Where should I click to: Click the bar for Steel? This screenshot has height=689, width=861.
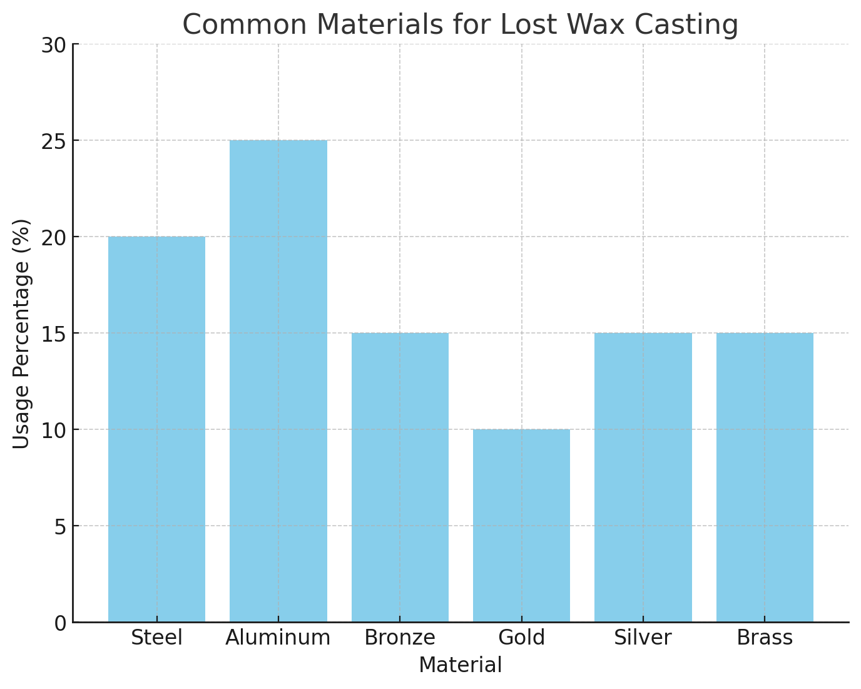point(156,429)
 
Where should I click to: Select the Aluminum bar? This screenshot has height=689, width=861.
point(278,381)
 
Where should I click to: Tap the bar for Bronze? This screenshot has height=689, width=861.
point(400,477)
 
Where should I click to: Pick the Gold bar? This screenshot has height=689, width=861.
point(521,526)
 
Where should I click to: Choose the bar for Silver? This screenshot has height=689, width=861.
point(643,477)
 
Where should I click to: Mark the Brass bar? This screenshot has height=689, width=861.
point(765,477)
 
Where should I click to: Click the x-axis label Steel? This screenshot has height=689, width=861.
point(156,638)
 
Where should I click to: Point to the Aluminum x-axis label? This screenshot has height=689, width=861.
point(278,638)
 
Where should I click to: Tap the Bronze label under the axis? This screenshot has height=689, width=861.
point(400,638)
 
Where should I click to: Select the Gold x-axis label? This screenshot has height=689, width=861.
point(521,638)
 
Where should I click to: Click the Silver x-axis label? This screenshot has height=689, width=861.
point(643,638)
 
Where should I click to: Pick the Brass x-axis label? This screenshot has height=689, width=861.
point(765,638)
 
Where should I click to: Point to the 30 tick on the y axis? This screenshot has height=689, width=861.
point(53,44)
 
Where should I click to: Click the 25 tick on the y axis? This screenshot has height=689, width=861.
point(53,141)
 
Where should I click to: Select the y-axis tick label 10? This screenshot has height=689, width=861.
point(53,430)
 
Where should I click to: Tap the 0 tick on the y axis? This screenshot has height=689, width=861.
point(59,623)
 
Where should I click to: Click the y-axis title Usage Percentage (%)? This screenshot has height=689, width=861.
point(21,334)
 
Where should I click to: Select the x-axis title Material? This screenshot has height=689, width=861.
point(461,665)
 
